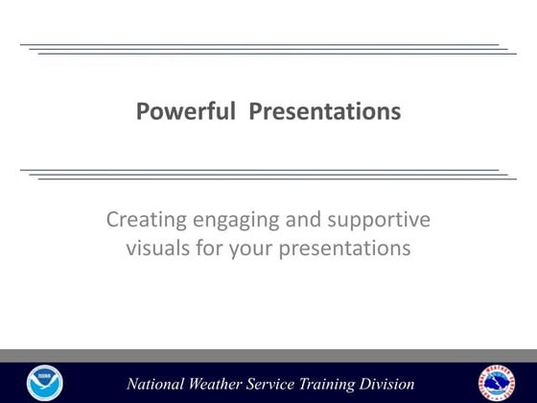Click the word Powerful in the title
[x=187, y=112]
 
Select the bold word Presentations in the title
[x=325, y=112]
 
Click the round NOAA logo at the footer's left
[x=43, y=382]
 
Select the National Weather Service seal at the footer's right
[x=496, y=382]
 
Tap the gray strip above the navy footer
[x=268, y=355]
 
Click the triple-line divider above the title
[x=268, y=49]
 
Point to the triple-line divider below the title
[x=268, y=175]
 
